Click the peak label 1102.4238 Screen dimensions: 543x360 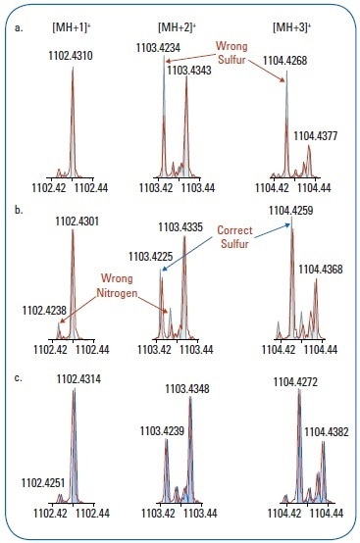click(45, 310)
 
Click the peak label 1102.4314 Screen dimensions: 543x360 click(78, 378)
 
